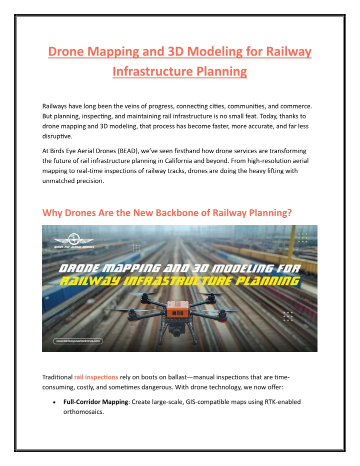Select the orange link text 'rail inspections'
96,377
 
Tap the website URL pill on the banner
78,341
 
